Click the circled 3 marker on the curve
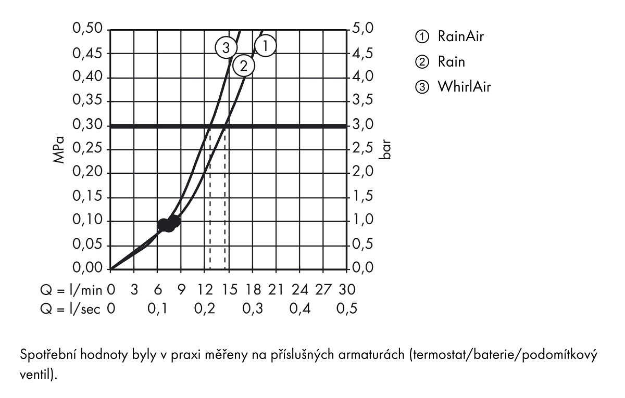coord(226,48)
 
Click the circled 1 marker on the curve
coord(265,46)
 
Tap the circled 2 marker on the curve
coord(244,67)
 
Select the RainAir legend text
coord(460,36)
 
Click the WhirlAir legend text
coord(464,87)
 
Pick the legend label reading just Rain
coord(452,61)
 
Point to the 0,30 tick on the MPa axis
coord(87,124)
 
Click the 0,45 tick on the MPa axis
coord(87,53)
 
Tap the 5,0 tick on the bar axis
coord(362,29)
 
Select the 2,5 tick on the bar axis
coord(362,148)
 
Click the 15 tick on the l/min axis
coord(230,290)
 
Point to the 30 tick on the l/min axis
coord(347,290)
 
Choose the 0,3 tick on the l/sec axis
coord(253,309)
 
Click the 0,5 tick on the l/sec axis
coord(347,309)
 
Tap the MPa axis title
coord(58,150)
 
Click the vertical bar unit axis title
coord(385,150)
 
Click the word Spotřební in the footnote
coord(48,355)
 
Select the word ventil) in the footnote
coord(38,374)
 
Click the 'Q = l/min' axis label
coord(71,290)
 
